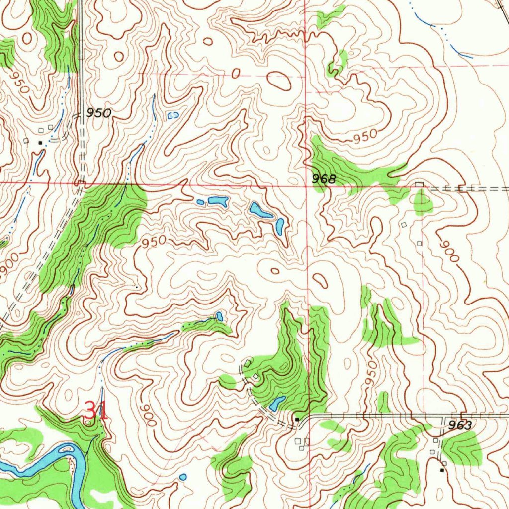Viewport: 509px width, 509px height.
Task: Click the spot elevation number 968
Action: (324, 179)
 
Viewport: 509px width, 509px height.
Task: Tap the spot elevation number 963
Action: (459, 425)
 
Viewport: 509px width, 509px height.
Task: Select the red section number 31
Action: (96, 411)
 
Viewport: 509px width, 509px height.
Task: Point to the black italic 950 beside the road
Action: (98, 113)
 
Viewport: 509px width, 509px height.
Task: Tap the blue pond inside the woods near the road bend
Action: (277, 403)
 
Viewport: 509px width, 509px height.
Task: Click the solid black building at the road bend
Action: (297, 420)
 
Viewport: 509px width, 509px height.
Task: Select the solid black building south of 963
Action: (442, 469)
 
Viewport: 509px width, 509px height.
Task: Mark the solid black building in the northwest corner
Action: (41, 143)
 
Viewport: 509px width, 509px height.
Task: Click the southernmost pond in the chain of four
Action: (280, 226)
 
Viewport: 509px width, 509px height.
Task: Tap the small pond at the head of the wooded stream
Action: (219, 316)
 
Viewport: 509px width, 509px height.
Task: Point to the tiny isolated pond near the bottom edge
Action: (183, 477)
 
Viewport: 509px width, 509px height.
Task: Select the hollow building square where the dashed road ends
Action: (420, 185)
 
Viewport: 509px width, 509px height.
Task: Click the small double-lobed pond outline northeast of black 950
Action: (173, 115)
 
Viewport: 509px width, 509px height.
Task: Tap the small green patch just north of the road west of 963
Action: (383, 402)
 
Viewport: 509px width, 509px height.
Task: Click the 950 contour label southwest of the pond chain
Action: (154, 242)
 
